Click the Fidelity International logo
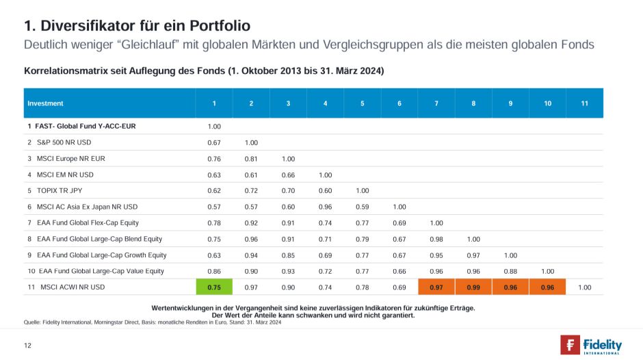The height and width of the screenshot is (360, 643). point(591,344)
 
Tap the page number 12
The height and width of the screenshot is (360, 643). point(27,345)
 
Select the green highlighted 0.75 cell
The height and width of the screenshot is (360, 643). point(214,287)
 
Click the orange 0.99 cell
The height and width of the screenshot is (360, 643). point(473,287)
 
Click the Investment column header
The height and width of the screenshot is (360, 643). point(45,103)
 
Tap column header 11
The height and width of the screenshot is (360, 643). point(584,103)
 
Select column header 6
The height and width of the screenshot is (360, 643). point(399,103)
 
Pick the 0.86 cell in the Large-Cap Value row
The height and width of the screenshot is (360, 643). point(214,271)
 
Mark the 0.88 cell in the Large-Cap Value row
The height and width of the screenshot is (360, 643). point(510,271)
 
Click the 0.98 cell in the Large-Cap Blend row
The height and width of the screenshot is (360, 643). point(436,239)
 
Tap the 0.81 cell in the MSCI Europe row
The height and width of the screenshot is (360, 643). point(251,159)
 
